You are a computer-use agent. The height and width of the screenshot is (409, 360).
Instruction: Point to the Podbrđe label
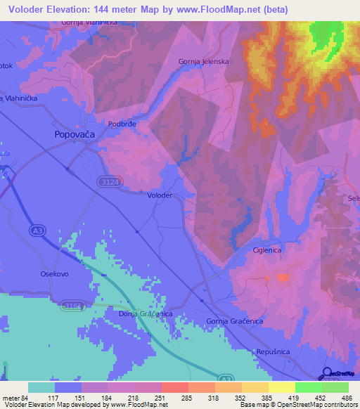coord(122,124)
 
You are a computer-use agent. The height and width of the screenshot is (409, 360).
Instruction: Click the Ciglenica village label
coord(267,250)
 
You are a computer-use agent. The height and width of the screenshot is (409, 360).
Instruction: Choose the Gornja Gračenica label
coord(234,321)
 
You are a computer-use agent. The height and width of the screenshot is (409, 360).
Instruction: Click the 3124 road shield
coord(107,182)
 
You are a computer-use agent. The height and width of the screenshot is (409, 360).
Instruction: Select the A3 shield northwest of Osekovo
coord(38,230)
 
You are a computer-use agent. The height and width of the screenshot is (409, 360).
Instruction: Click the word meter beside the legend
coord(12,398)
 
